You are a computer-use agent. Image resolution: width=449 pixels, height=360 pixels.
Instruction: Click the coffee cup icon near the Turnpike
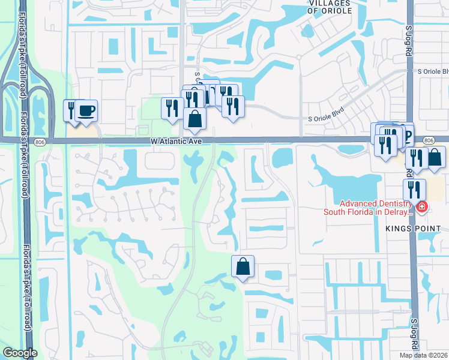[87, 110]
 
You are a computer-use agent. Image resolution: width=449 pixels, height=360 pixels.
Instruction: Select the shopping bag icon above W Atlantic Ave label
[195, 119]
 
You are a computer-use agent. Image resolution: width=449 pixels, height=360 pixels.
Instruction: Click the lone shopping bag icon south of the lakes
[243, 266]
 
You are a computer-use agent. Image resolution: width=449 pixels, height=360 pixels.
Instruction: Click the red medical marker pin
[423, 208]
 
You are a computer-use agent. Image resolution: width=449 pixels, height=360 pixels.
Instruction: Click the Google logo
[20, 353]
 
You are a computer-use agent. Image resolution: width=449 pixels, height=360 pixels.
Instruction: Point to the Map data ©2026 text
[424, 355]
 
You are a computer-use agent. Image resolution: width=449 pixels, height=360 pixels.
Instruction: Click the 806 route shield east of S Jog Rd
[429, 140]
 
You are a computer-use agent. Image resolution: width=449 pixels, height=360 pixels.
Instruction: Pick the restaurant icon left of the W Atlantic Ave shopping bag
[172, 108]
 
